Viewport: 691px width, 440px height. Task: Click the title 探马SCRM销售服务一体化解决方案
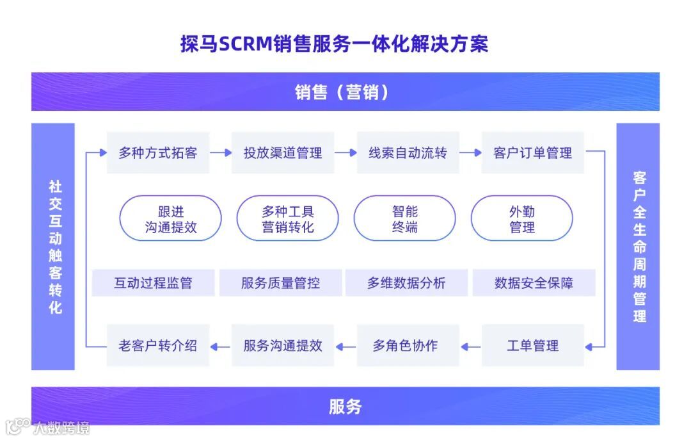pos(334,44)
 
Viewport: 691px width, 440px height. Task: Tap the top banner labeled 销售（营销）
pos(345,92)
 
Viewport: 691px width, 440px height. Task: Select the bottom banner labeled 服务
pos(345,406)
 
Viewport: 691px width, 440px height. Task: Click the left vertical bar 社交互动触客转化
pos(54,247)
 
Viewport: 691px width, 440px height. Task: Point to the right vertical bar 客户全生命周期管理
pos(638,247)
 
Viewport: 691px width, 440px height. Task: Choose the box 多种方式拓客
pos(158,153)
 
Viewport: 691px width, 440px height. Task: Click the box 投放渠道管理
pos(283,153)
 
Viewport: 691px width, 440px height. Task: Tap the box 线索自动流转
pos(408,153)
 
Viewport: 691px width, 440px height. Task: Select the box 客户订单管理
pos(532,153)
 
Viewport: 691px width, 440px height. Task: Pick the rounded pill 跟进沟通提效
pos(170,219)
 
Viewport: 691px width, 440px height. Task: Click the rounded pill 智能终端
pos(404,219)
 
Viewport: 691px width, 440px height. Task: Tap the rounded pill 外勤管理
pos(521,219)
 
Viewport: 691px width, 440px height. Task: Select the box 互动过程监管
pos(153,283)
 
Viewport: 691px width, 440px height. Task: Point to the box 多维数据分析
pos(406,283)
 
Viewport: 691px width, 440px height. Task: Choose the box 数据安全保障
pos(534,283)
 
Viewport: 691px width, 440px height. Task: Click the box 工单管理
pos(532,346)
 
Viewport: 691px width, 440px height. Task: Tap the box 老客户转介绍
pos(158,346)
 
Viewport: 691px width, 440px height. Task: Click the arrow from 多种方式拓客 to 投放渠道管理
pos(221,153)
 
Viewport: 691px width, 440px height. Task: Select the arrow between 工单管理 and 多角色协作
pos(470,346)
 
